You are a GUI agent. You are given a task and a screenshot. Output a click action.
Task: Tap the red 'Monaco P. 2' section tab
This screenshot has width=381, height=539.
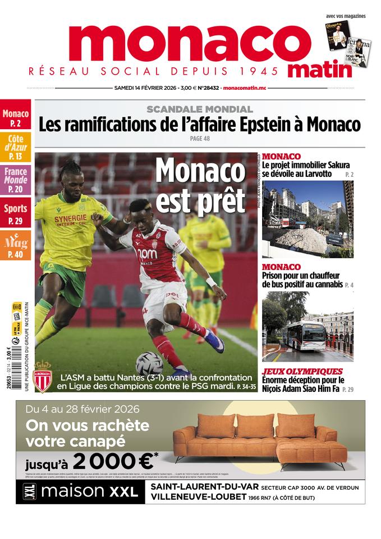click(x=16, y=117)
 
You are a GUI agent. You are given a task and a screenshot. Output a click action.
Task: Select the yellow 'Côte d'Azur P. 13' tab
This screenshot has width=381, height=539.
click(x=16, y=148)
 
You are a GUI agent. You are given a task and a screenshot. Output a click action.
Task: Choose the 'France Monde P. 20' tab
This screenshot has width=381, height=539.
click(x=16, y=180)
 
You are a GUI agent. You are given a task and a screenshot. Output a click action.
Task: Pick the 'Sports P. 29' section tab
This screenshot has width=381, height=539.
click(x=16, y=213)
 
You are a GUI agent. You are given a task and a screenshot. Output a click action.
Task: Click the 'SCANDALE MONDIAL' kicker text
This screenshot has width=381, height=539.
click(x=200, y=109)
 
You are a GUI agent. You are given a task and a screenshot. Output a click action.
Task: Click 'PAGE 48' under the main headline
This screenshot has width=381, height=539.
click(x=200, y=139)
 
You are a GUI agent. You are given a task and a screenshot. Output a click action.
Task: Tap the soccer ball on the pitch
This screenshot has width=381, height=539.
click(x=149, y=363)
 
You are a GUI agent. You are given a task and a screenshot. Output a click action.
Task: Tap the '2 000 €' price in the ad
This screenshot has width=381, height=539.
click(x=113, y=462)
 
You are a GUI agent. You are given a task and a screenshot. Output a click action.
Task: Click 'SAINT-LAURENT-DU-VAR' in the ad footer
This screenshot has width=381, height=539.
click(x=195, y=486)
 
